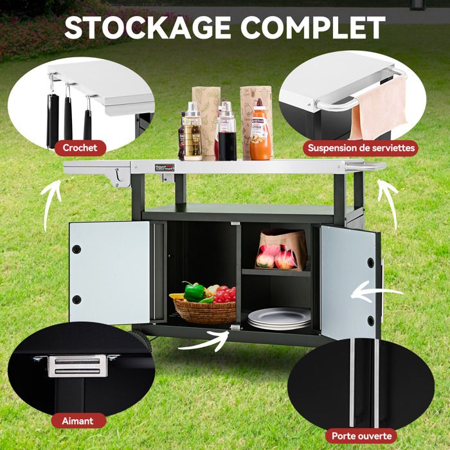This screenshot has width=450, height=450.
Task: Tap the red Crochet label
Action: [x=80, y=148]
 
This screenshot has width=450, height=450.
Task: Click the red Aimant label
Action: [x=78, y=421]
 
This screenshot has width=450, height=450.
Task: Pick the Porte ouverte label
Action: [x=361, y=436]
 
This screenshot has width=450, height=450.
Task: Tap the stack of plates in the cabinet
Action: [x=279, y=318]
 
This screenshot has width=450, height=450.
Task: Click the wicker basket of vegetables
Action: [x=205, y=311]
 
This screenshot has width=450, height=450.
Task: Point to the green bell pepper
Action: [x=194, y=292]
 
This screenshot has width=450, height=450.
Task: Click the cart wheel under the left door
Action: [x=143, y=339]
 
